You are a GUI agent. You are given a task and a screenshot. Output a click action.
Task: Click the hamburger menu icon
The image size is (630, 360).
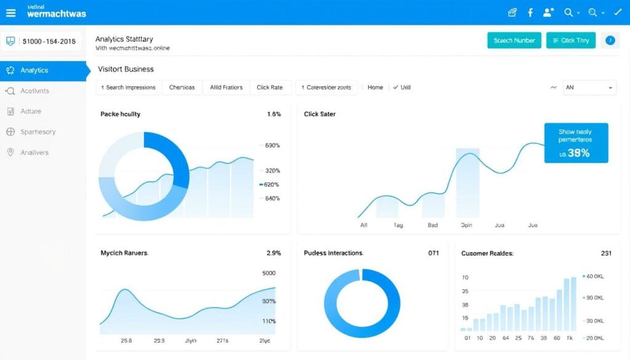coord(10,12)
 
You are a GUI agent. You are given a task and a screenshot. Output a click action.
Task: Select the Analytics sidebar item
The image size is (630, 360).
coord(34,71)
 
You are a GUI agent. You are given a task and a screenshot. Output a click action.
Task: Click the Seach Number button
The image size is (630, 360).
coord(514,41)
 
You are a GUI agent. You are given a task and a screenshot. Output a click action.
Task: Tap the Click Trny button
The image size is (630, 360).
coord(570,41)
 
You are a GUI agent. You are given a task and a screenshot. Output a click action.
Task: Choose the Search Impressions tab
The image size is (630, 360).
coord(129,87)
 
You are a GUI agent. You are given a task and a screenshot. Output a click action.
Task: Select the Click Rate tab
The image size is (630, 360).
coord(269,87)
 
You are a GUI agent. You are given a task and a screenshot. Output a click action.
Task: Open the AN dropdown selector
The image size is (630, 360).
coord(589,87)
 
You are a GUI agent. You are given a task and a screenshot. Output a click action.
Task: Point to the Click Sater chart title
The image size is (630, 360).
coord(320,114)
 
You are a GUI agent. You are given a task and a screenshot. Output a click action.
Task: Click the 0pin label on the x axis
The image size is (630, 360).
coord(466,225)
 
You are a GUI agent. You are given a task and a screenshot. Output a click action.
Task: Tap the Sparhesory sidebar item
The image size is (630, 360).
coord(38,132)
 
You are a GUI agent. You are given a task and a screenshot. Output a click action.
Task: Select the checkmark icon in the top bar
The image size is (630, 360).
coord(617,12)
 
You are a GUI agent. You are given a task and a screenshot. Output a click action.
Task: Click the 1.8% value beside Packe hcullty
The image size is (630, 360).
coord(274,114)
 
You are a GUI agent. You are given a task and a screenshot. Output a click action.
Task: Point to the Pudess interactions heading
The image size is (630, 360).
coord(333,253)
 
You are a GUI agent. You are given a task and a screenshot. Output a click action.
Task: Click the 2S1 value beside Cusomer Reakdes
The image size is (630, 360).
coord(605,253)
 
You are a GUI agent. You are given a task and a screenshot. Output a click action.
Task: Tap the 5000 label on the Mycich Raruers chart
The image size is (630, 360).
coord(269,273)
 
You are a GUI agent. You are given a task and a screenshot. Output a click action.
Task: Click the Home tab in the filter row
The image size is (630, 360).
coord(375,87)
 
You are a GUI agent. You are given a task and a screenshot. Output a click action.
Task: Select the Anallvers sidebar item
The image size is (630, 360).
coord(34,153)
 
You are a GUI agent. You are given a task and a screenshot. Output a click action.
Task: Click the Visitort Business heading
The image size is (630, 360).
coord(126,70)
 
